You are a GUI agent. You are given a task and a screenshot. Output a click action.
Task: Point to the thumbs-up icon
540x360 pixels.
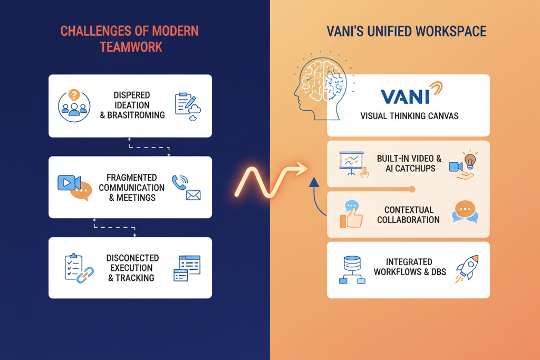click(352, 216)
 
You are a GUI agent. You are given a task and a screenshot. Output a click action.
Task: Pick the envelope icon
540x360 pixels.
click(193, 195)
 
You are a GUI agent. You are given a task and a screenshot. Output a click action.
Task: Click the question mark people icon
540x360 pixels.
click(74, 105)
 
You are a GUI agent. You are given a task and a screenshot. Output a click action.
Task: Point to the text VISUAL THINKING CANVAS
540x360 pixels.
click(409, 116)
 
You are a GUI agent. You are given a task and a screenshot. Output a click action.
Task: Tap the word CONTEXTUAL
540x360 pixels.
click(409, 210)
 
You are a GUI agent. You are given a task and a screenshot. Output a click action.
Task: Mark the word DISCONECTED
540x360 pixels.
click(132, 258)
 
